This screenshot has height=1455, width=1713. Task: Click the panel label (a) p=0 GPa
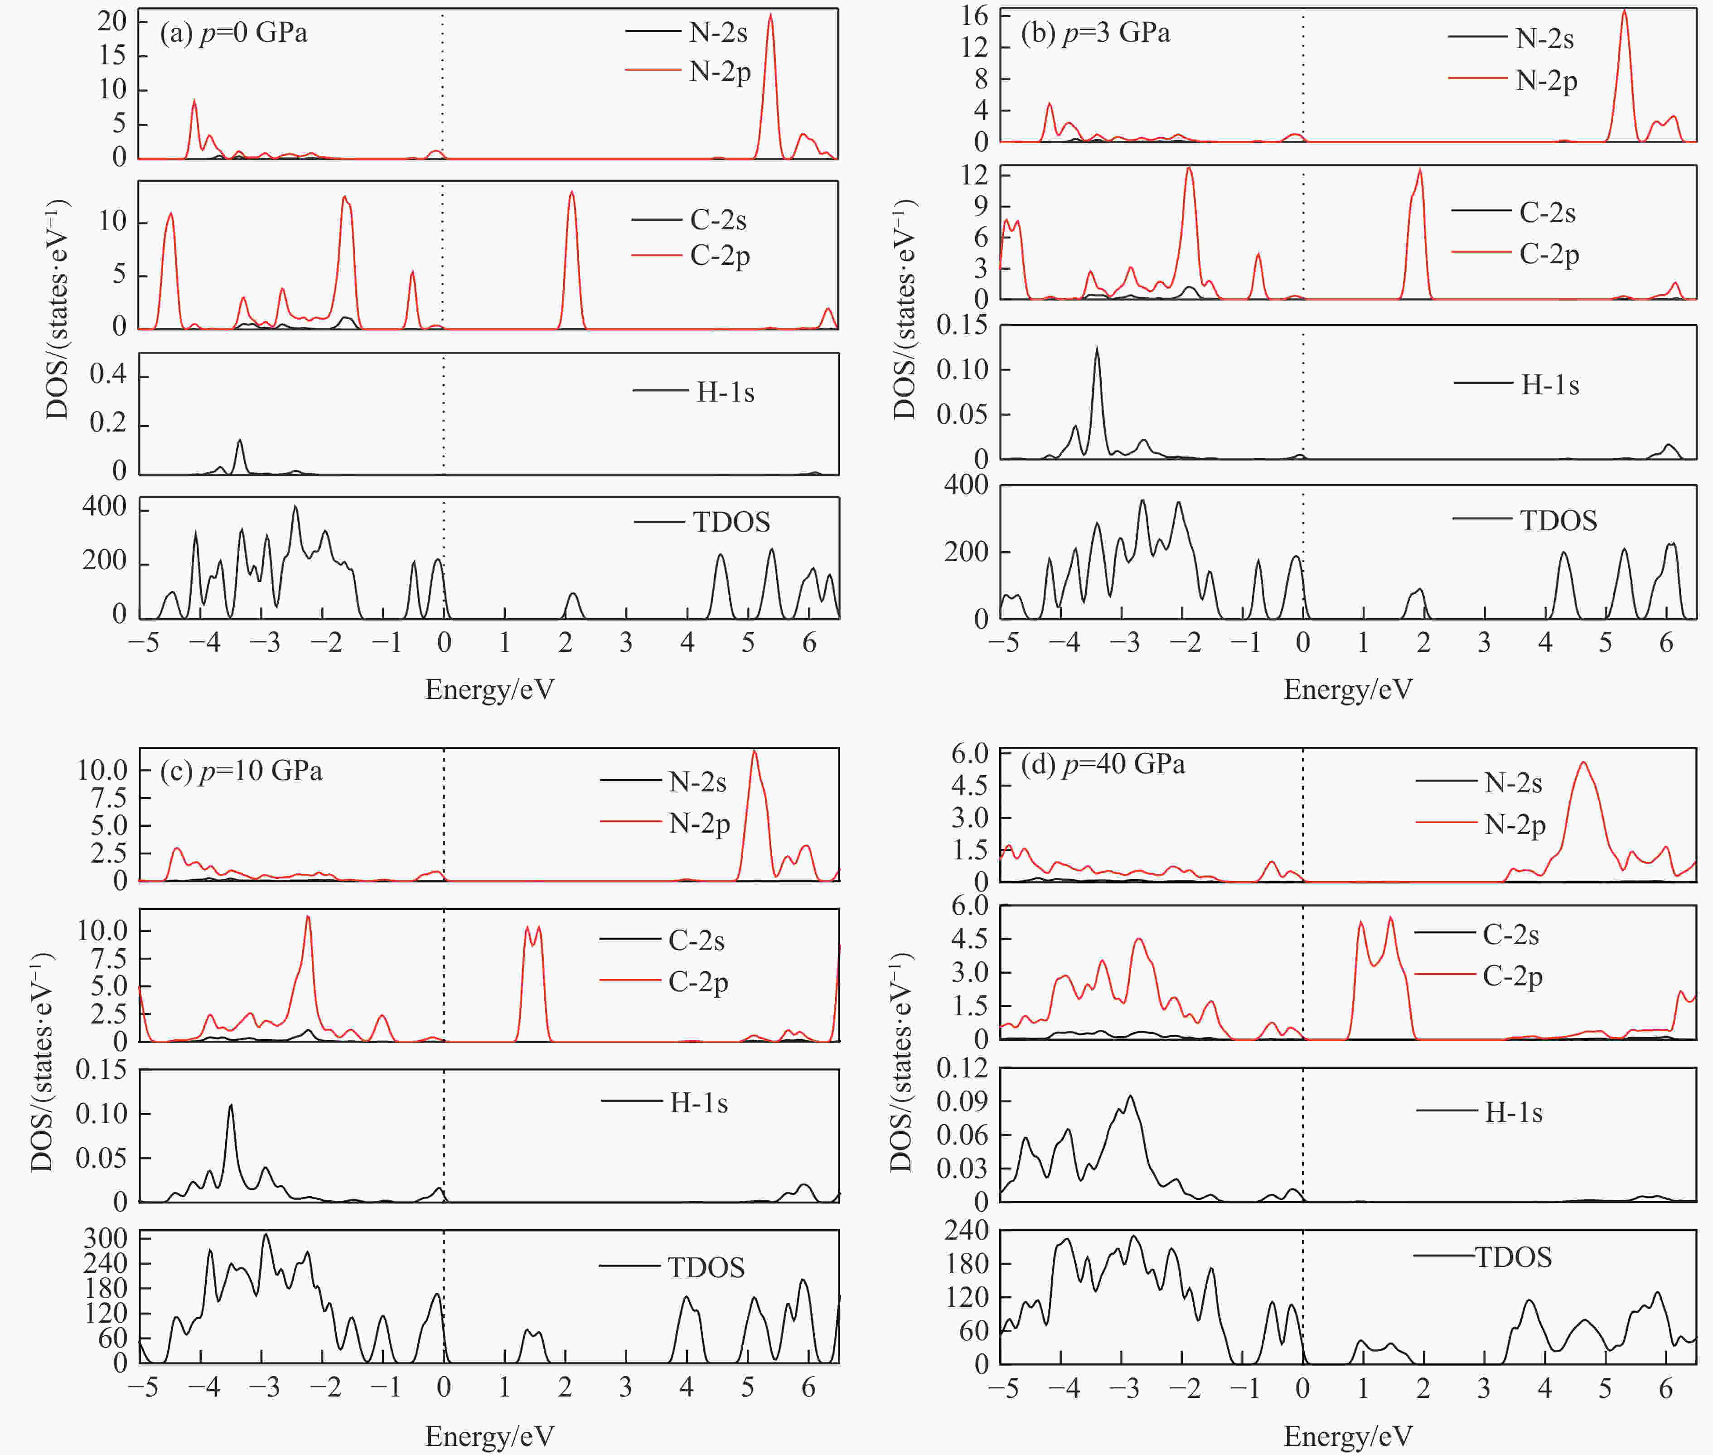pos(233,33)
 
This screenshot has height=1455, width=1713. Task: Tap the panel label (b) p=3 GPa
pos(1095,33)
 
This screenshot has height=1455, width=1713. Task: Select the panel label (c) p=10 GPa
pos(241,771)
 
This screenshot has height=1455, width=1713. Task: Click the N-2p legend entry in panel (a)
pos(719,72)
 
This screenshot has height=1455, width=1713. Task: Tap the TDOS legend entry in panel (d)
pos(1513,1257)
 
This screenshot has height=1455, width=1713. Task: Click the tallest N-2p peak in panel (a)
pos(770,15)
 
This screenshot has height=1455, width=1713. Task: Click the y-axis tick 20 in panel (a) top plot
pos(112,20)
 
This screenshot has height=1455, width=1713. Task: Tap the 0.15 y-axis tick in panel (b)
pos(962,325)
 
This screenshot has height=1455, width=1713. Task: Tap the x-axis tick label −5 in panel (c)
pos(143,1387)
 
